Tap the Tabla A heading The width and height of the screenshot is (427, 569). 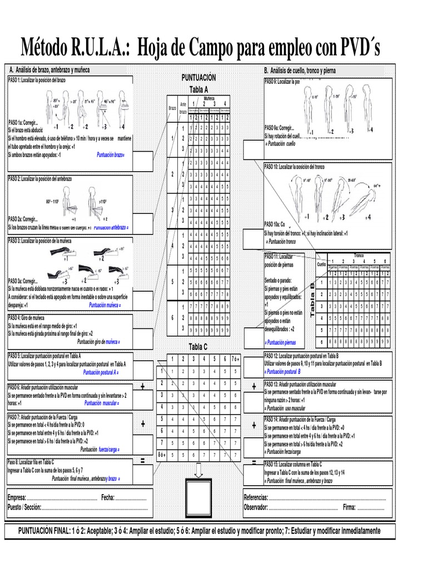coord(198,89)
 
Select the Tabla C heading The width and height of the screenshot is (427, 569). coord(198,347)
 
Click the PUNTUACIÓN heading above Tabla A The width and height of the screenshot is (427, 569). coord(198,78)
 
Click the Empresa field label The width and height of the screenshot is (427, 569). coord(17,497)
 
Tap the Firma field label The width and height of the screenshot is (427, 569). coord(349,507)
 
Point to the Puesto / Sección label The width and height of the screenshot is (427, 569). coord(24,507)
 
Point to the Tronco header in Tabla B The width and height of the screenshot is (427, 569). coord(359,255)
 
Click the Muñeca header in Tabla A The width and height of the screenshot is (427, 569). coord(209,97)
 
